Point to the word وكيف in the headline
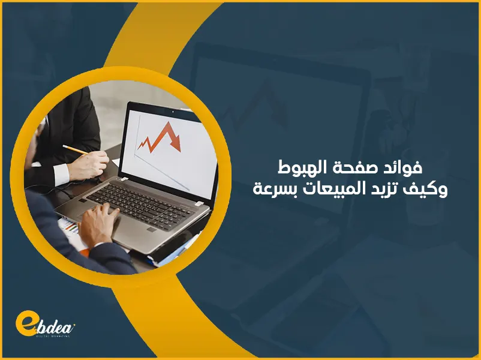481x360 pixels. click(430, 191)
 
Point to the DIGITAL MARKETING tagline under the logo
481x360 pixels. click(52, 337)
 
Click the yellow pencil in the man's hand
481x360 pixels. click(74, 149)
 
